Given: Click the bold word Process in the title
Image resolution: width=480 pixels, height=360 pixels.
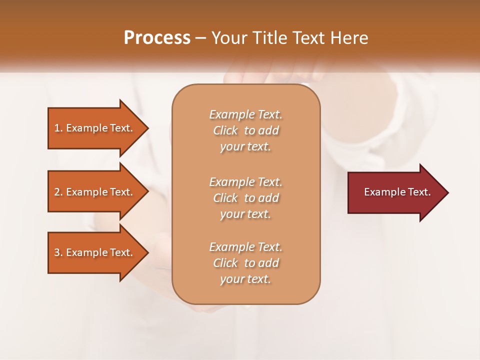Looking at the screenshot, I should pyautogui.click(x=157, y=38).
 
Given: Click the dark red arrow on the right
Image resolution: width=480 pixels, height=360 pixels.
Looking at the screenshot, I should pyautogui.click(x=395, y=192).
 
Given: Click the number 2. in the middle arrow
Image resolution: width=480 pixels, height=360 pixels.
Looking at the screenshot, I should pyautogui.click(x=58, y=192).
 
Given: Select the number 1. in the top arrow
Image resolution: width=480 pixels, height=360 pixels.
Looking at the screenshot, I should pyautogui.click(x=58, y=128).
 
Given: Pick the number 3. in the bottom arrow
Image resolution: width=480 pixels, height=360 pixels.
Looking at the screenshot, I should pyautogui.click(x=58, y=252).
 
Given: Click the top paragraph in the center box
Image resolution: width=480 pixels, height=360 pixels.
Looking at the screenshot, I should pyautogui.click(x=245, y=130).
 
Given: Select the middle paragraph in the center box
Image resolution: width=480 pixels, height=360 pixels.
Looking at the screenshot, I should pyautogui.click(x=245, y=198).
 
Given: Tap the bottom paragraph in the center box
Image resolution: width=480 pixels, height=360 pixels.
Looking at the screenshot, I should pyautogui.click(x=245, y=263).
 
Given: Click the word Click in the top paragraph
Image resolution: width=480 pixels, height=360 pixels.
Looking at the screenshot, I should pyautogui.click(x=225, y=130).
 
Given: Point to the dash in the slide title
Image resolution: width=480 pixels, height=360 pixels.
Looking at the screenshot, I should pyautogui.click(x=200, y=38).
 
